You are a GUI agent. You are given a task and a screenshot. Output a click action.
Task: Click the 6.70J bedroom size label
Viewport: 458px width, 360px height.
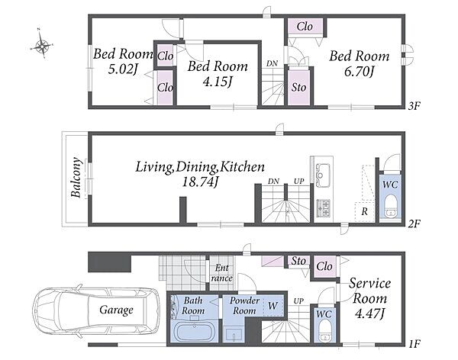pos(359,72)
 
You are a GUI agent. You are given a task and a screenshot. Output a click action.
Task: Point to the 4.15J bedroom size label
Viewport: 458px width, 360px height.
pos(218,82)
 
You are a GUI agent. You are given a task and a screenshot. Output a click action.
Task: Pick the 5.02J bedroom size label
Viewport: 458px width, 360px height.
pos(122,69)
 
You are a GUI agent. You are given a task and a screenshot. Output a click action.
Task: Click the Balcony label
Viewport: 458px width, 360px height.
pos(76,178)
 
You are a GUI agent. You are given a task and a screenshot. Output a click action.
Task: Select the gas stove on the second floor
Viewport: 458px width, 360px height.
pos(324,208)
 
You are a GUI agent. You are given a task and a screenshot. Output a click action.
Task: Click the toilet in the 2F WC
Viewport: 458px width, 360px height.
pos(390,207)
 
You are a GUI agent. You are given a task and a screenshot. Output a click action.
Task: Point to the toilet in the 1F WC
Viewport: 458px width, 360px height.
pos(324,331)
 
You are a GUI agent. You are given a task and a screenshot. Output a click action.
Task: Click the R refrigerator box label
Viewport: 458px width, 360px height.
pos(364,211)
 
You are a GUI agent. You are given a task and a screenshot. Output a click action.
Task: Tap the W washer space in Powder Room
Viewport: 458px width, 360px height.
pos(273,306)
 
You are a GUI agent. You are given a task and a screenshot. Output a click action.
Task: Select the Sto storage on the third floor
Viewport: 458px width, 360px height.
pos(298,87)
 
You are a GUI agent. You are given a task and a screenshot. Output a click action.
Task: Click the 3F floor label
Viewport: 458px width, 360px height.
pos(414,106)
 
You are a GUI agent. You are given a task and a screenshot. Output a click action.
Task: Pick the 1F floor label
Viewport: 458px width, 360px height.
pos(414,345)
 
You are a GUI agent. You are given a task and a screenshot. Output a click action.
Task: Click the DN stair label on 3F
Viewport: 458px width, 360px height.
pos(272,63)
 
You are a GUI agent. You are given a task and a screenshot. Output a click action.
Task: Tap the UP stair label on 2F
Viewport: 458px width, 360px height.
pos(298,182)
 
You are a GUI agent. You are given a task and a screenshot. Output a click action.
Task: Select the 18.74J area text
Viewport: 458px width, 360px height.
pos(200,182)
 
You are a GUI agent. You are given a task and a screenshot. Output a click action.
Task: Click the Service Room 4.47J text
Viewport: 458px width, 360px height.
pos(369,298)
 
